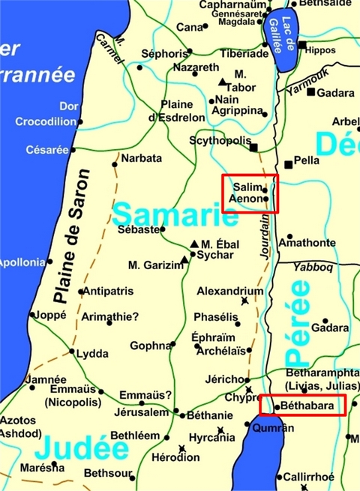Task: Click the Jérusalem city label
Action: click(x=140, y=412)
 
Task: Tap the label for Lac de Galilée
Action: click(x=283, y=36)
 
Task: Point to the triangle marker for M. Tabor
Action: click(x=223, y=82)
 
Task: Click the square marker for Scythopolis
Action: click(x=254, y=147)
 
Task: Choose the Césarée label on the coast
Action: click(x=47, y=149)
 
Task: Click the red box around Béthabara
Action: click(x=302, y=406)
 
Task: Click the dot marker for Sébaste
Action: click(x=163, y=229)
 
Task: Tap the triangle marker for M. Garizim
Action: click(x=184, y=260)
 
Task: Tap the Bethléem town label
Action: click(x=135, y=436)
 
